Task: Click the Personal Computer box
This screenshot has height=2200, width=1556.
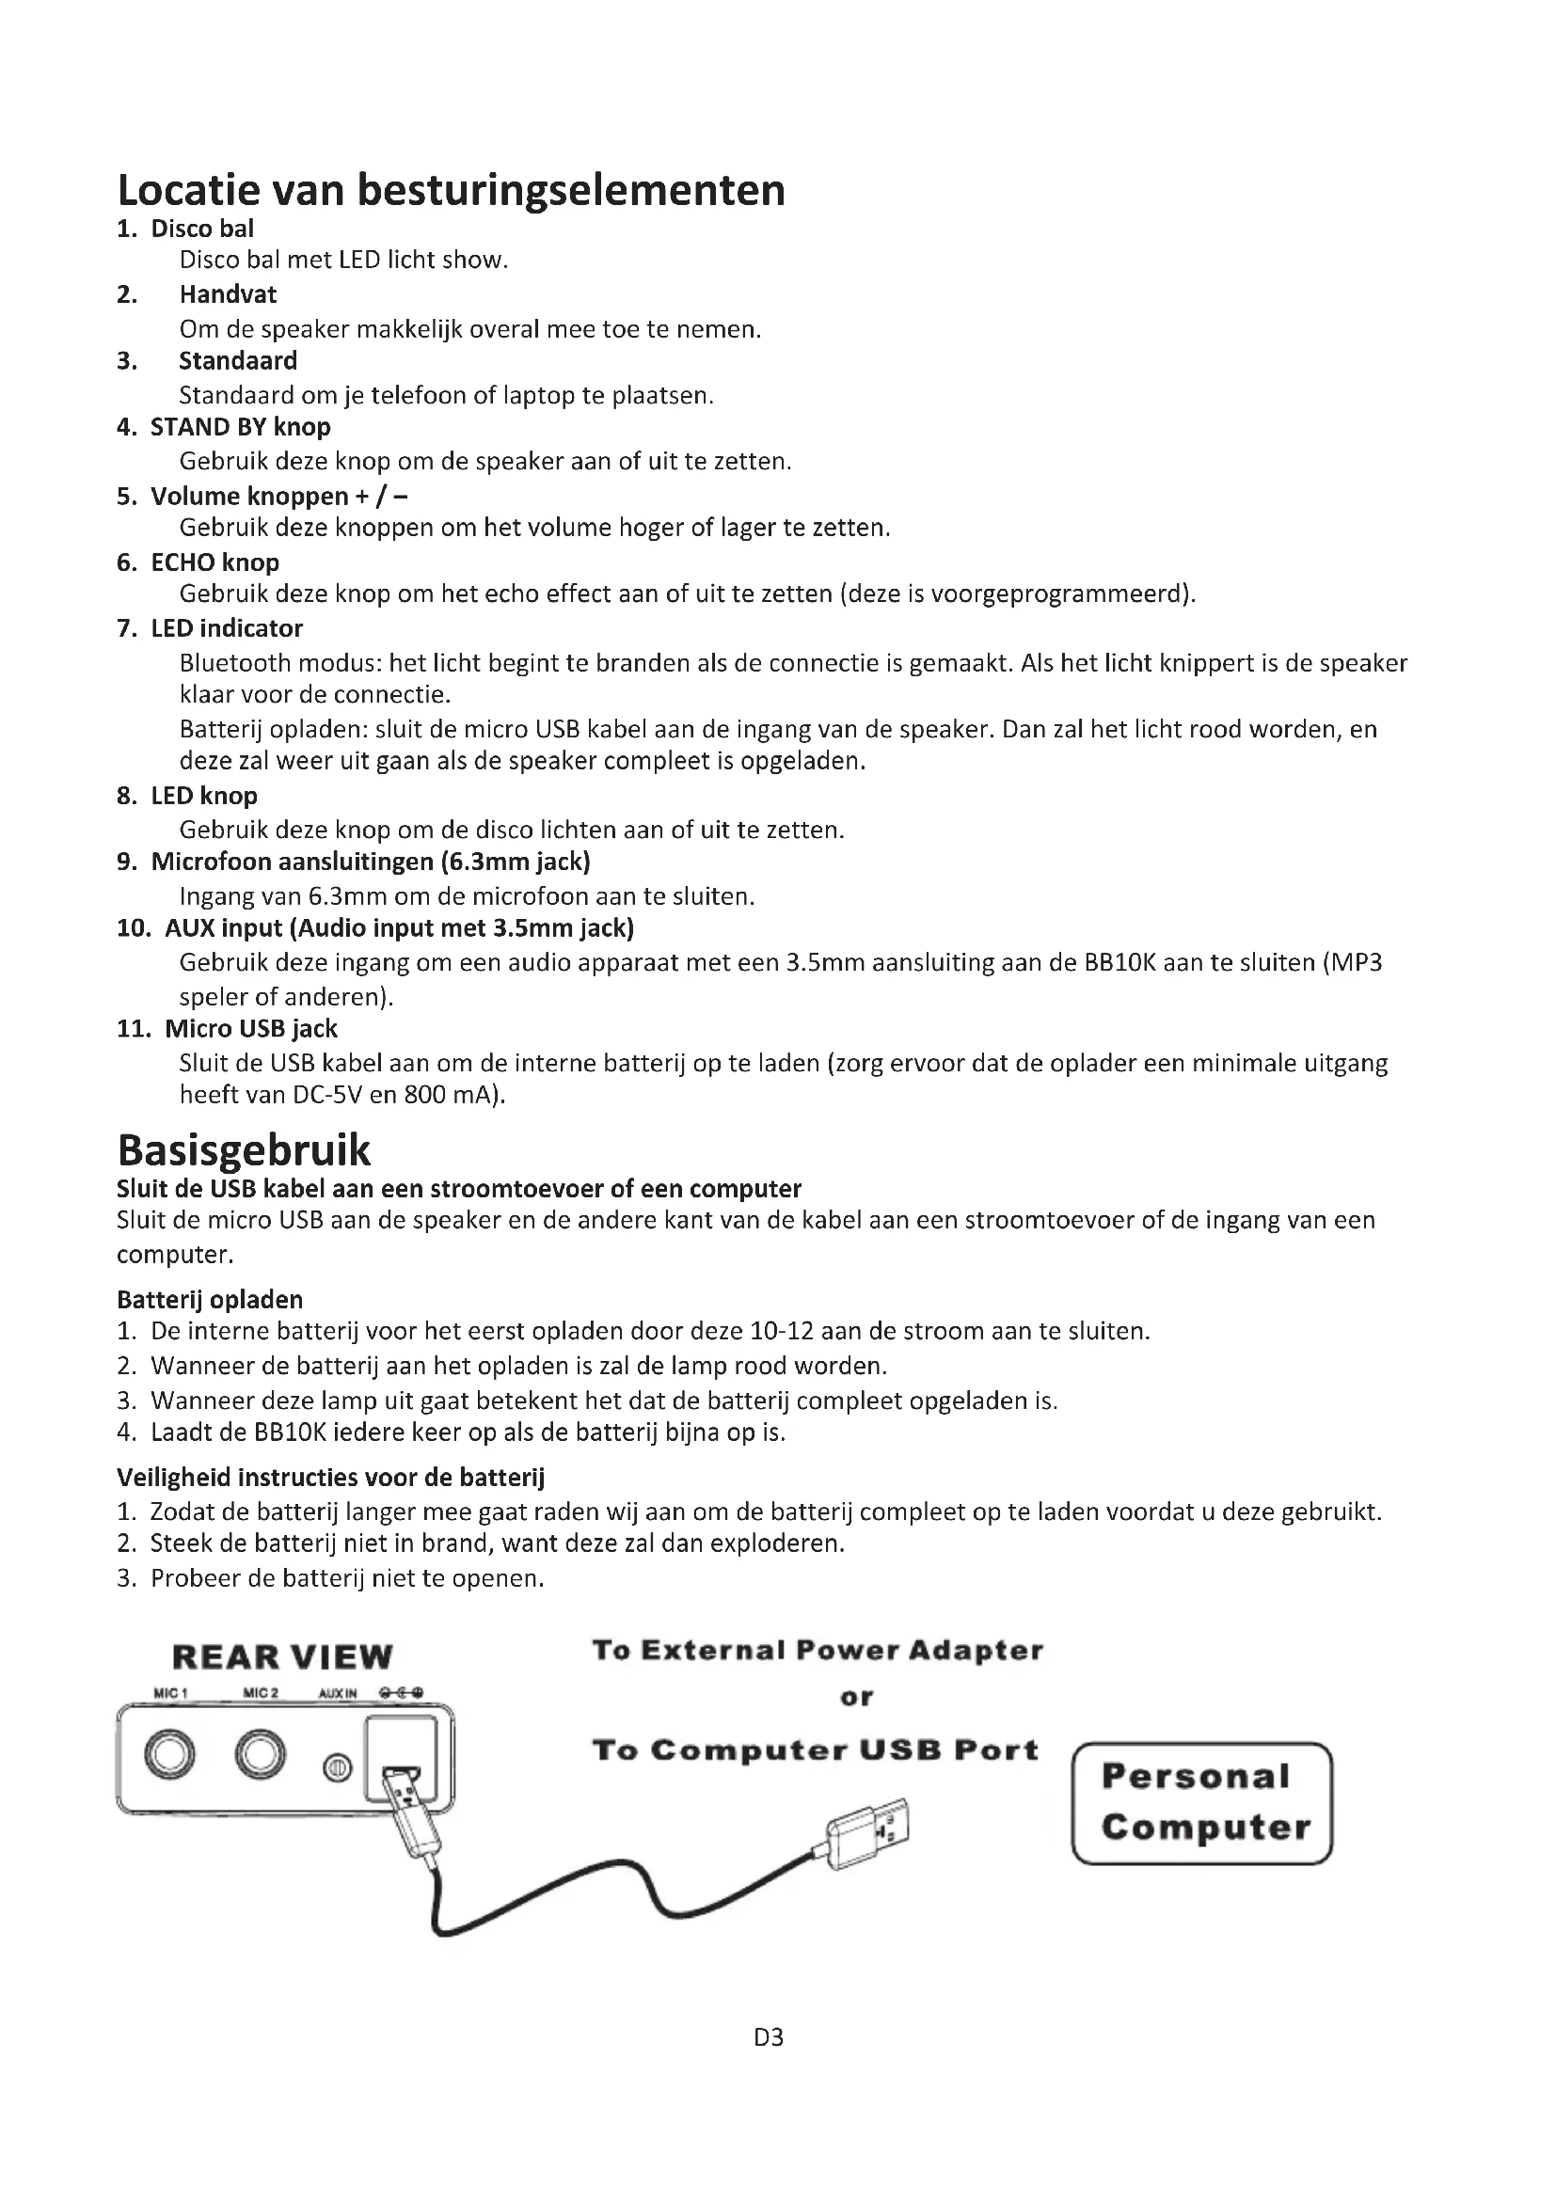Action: [x=1202, y=1803]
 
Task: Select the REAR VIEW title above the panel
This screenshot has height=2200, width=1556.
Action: [x=282, y=1657]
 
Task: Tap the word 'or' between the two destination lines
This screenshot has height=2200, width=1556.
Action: [x=857, y=1698]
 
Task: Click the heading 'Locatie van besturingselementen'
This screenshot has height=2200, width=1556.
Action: [x=452, y=190]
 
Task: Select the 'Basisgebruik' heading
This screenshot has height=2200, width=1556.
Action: [x=244, y=1149]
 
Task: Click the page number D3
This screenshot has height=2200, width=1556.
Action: [x=769, y=2064]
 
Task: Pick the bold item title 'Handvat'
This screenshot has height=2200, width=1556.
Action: [x=227, y=294]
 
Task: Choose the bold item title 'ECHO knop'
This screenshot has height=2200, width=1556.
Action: [x=214, y=562]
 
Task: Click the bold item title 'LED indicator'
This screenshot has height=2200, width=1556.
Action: [x=226, y=628]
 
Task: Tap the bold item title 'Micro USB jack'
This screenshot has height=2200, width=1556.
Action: [x=251, y=1029]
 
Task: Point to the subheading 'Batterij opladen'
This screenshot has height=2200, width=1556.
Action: [x=210, y=1300]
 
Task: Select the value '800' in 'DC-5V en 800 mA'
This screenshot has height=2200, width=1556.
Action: [x=424, y=1095]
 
